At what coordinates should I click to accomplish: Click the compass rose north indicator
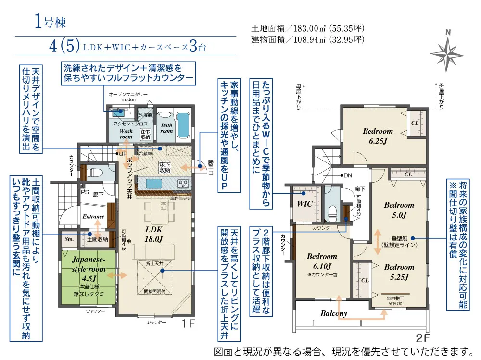point(447,50)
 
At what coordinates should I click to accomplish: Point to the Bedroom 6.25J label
point(378,136)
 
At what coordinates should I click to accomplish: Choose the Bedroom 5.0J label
point(399,210)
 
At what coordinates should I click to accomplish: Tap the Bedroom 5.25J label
point(399,272)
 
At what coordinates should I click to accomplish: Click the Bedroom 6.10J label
point(322,261)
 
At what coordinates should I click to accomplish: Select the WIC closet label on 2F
point(305,203)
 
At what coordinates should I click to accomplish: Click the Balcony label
point(334,313)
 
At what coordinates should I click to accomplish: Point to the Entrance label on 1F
point(93,217)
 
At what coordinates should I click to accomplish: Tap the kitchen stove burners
point(183,184)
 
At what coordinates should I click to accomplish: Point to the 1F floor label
point(189,324)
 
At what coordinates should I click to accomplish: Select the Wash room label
point(126,134)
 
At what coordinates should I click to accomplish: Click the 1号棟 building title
point(50,21)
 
